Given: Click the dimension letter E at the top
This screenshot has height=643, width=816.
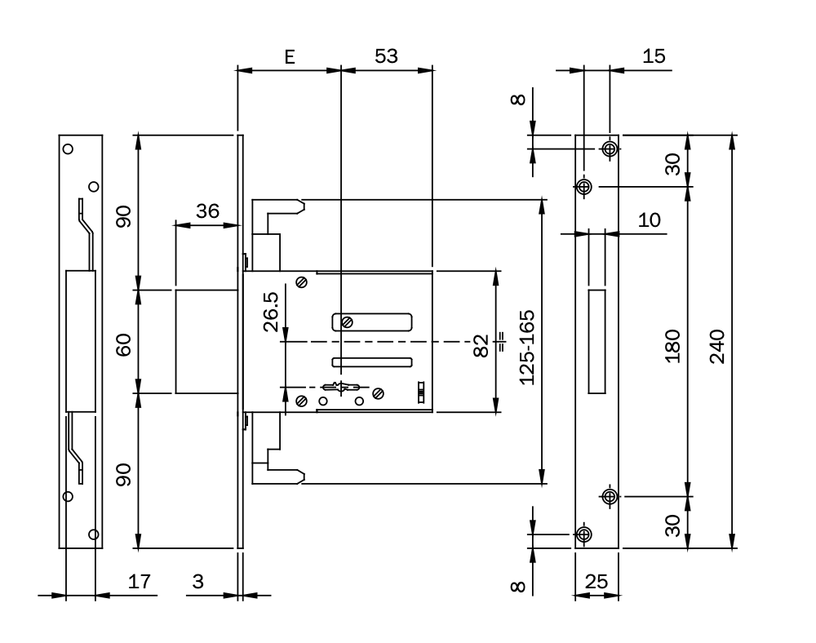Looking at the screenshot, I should point(288,56).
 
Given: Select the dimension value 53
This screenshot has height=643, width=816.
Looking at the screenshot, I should point(386,56).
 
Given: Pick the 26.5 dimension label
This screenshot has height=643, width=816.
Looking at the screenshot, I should point(272,313).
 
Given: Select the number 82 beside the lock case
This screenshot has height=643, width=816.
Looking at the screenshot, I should point(481,343).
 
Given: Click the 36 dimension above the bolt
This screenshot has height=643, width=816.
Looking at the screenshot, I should point(208,211).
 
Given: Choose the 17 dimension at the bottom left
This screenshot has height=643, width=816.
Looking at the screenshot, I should point(140,582).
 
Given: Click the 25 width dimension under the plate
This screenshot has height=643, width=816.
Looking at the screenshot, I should point(597,582).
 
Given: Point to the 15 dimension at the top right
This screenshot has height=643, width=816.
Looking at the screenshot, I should point(654,56).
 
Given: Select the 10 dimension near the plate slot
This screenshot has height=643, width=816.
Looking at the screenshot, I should point(650,220).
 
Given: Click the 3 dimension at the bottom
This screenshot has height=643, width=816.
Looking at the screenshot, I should point(197,582).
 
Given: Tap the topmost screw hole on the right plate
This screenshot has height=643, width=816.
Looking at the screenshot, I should point(609,149).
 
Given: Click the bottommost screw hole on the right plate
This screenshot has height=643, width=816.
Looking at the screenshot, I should point(583,534).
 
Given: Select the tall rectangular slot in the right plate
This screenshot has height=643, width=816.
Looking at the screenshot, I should point(597,340).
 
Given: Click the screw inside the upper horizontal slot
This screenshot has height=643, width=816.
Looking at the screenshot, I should point(348,321).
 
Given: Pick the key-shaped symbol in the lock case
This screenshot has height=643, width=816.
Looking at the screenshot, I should point(342,386).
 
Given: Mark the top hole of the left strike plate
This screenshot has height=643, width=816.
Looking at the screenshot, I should point(69,149).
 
